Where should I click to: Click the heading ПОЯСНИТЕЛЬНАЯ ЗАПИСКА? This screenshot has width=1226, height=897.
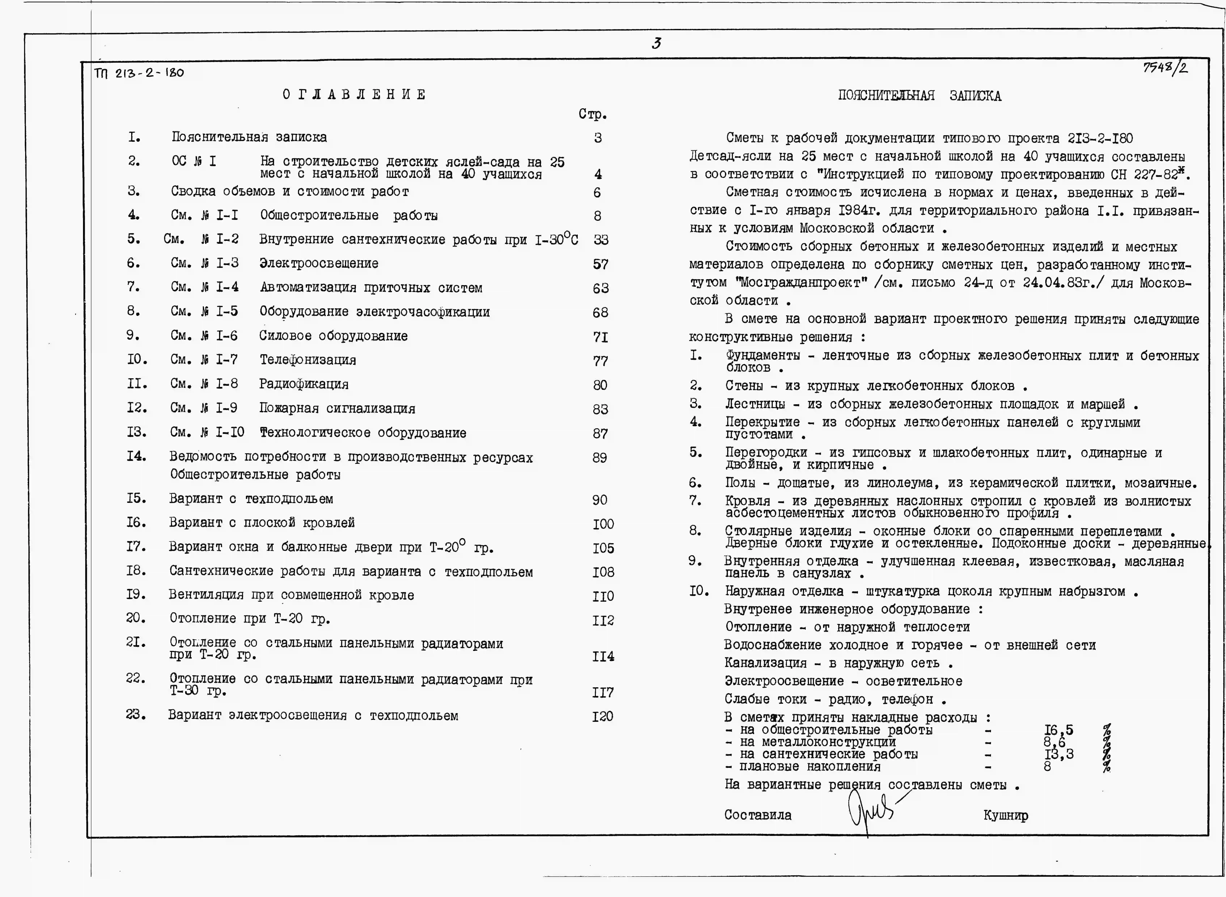(919, 96)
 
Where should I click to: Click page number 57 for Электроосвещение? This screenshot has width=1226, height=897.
(600, 264)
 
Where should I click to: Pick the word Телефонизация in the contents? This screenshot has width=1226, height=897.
(307, 360)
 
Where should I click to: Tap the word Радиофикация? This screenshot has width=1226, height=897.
(304, 384)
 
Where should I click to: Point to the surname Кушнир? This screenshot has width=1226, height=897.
(1005, 816)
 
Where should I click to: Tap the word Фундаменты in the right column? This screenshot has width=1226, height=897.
(763, 356)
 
